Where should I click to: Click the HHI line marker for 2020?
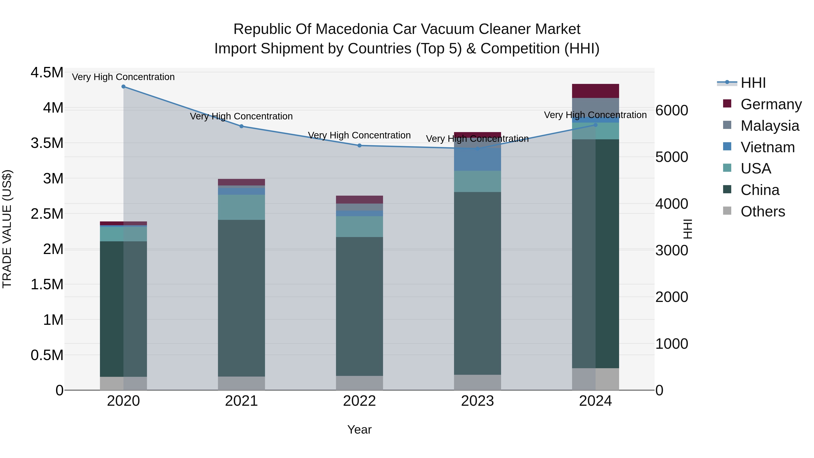(x=123, y=87)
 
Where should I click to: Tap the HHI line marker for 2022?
(x=359, y=146)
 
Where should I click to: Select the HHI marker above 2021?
(x=241, y=126)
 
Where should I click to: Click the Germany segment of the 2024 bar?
(x=595, y=91)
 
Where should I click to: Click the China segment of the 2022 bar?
(x=359, y=307)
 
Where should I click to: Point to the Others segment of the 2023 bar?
(x=478, y=382)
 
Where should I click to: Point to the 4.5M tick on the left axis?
(x=47, y=73)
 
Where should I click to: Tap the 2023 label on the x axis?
(x=478, y=401)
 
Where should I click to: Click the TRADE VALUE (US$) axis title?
(x=7, y=229)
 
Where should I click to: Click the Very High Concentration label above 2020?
(x=123, y=77)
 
